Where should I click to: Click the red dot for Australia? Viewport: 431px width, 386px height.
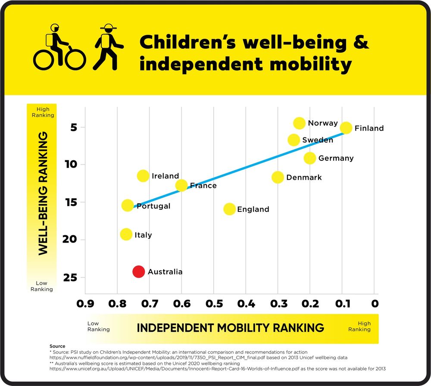point(138,271)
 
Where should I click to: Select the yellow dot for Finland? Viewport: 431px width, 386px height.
point(346,128)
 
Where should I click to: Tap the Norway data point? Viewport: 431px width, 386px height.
point(299,123)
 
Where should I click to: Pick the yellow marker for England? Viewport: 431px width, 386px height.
point(229,209)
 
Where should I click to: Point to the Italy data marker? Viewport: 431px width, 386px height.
point(126,234)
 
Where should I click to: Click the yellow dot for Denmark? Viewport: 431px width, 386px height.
point(278,177)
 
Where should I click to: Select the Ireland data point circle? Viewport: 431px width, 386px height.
point(143,176)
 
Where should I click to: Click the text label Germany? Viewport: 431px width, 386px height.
point(336,158)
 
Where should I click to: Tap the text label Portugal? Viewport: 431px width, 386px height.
point(153,206)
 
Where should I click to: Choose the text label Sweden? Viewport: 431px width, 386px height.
point(318,140)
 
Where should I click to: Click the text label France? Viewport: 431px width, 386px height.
point(203,186)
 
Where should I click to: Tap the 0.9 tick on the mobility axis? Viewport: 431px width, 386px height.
point(85,304)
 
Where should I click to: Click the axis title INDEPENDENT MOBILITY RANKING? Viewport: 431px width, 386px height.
point(230,327)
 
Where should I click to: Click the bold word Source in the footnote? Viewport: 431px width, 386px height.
point(57,346)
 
